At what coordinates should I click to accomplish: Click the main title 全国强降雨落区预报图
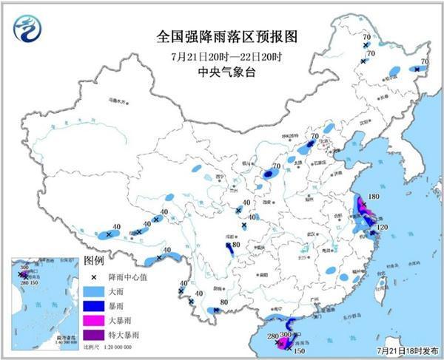point(222,35)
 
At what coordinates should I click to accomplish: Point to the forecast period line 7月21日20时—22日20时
point(222,55)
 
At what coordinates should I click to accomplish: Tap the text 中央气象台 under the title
point(222,72)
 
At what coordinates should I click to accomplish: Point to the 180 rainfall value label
point(374,197)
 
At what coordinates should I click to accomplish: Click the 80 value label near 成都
point(236,245)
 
